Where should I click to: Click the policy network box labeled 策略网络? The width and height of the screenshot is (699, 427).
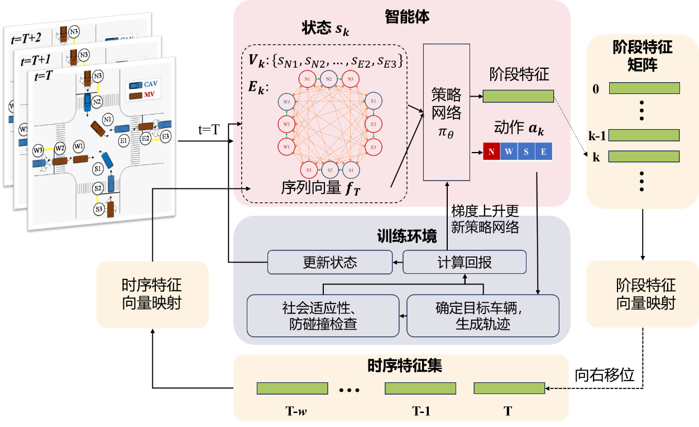447,112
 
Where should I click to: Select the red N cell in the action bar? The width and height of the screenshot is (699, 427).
491,151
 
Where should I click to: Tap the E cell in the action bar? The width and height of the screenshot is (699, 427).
543,151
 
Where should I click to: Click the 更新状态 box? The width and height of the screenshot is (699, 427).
330,262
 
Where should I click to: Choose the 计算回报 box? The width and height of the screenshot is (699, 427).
465,262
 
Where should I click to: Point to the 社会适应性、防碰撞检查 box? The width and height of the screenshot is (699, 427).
323,316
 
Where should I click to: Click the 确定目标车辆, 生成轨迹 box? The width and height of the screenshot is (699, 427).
483,316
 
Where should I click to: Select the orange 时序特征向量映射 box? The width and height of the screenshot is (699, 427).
152,295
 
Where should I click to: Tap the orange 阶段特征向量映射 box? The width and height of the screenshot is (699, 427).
646,295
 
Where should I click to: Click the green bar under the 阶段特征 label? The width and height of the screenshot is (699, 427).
518,96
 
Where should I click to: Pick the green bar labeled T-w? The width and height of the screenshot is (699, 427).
292,388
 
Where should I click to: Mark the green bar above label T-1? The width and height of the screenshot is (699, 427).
420,388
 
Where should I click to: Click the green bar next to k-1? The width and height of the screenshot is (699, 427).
644,135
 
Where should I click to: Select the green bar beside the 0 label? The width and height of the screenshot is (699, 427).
644,88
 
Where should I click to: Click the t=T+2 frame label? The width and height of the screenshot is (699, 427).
26,38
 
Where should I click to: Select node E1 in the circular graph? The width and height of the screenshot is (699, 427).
372,101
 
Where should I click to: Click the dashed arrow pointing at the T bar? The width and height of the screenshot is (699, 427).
558,388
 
